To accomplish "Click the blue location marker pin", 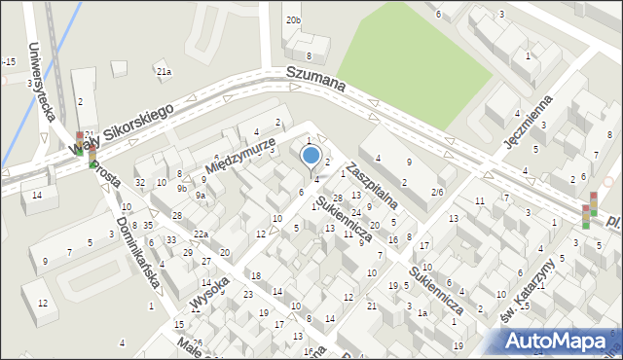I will (x=311, y=156).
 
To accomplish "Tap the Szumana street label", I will (x=315, y=79).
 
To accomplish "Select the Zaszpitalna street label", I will (x=373, y=184).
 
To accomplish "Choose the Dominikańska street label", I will (x=137, y=252).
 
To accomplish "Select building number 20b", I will (x=293, y=19).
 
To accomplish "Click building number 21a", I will (x=164, y=71).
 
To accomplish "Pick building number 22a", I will (x=201, y=234).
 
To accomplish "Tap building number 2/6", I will (x=437, y=193).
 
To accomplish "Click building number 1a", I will (x=422, y=312).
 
